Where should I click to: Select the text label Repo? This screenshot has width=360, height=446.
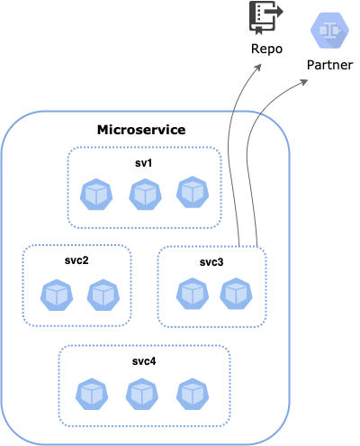tap(266, 50)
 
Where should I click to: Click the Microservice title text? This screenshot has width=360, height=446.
tap(141, 130)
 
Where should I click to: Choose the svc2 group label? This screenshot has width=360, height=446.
tap(77, 259)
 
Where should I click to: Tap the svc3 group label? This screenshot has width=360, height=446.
tap(212, 262)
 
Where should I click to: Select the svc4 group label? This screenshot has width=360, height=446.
tap(145, 361)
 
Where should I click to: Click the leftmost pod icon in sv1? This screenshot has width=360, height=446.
tap(95, 194)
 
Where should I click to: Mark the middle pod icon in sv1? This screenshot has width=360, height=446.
tap(144, 194)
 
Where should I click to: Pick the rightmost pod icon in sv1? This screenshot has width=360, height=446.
tap(192, 192)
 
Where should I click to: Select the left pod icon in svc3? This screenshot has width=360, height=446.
tap(191, 292)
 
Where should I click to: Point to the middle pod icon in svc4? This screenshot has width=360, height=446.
tap(140, 393)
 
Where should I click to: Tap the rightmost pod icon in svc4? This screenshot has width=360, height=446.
tap(191, 393)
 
